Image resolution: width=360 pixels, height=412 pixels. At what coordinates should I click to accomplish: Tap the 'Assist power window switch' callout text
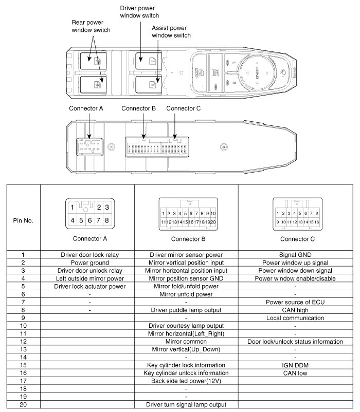click(171, 32)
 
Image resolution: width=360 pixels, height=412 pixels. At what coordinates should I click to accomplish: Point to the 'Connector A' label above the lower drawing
click(86, 108)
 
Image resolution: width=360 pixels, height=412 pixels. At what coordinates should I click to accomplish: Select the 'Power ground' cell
click(90, 262)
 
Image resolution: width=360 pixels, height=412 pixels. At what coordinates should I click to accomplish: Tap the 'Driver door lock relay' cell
click(90, 254)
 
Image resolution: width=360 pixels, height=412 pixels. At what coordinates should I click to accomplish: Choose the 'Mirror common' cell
click(186, 341)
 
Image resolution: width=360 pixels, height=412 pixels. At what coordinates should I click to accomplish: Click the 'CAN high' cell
click(295, 310)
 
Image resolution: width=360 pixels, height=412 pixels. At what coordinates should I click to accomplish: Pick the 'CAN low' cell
click(295, 373)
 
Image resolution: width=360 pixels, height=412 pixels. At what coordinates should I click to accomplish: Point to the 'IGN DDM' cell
click(295, 365)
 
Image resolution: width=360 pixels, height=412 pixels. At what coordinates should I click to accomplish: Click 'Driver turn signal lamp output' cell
click(186, 405)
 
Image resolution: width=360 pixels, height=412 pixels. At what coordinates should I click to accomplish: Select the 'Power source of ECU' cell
click(295, 302)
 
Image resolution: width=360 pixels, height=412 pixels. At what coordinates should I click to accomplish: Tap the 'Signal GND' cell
click(295, 254)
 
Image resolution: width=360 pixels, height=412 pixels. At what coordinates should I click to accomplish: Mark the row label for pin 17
click(23, 381)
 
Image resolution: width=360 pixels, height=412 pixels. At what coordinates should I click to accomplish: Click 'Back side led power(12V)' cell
click(186, 381)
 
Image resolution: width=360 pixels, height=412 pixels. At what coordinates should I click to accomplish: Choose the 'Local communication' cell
click(295, 317)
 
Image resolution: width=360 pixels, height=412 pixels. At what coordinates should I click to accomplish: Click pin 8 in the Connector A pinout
click(106, 220)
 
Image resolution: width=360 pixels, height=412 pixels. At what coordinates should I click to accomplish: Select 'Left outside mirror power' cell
click(90, 278)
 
